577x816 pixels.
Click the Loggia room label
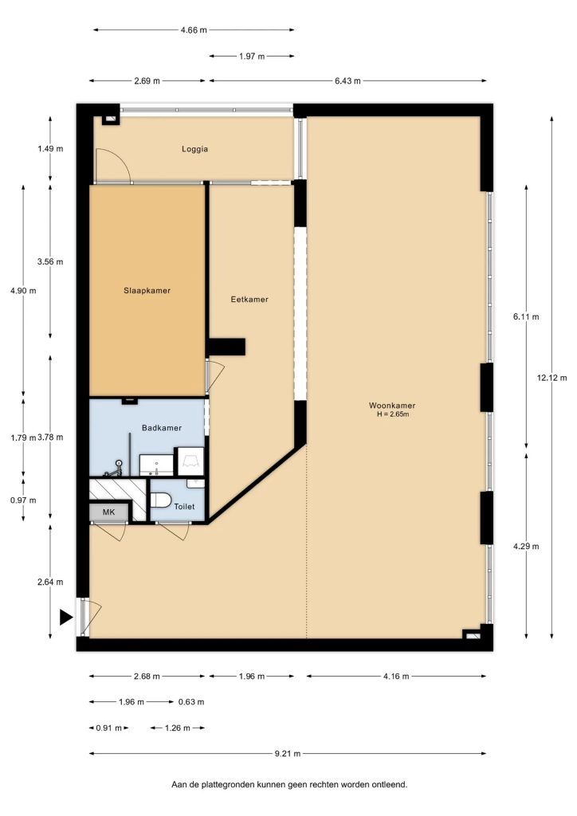point(194,149)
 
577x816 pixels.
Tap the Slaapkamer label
point(147,291)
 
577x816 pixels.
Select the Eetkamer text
point(249,300)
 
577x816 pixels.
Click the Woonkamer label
point(392,406)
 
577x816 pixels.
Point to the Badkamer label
point(162,428)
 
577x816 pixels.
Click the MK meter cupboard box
point(108,512)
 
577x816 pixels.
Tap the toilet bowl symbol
point(161,500)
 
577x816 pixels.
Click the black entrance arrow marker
point(66,618)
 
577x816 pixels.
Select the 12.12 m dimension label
point(551,378)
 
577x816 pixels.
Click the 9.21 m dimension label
point(288,753)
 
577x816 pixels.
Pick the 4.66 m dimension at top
point(194,30)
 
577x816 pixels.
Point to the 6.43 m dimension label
point(347,81)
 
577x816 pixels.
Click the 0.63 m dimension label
point(191,702)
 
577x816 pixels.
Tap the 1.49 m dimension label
point(50,149)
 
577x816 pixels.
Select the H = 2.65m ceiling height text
point(393,414)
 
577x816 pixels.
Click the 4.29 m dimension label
point(526,547)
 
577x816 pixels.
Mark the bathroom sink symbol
point(156,465)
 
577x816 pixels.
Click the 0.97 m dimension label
point(23,500)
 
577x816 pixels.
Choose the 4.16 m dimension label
point(396,677)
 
